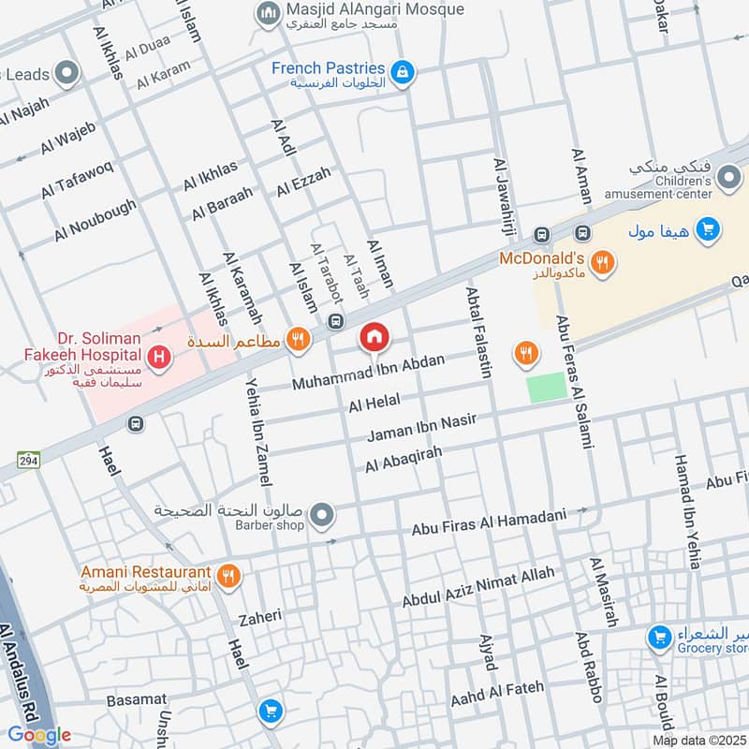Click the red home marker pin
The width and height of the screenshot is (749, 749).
point(374,337)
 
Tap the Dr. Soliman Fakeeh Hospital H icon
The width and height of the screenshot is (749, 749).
point(160,356)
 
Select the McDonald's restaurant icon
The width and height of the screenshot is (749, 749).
point(603,263)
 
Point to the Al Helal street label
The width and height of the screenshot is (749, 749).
point(374,404)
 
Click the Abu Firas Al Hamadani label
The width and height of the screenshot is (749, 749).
point(490,522)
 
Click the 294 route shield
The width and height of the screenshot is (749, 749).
point(27,459)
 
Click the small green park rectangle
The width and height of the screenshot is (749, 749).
point(547,388)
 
